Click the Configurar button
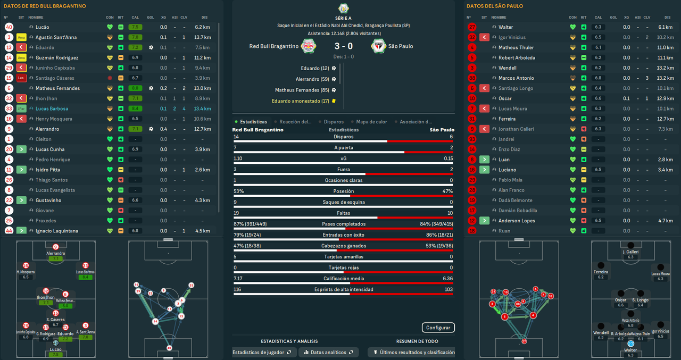pos(438,328)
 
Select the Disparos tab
pos(334,122)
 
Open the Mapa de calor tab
pos(371,122)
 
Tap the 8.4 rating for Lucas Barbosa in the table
pos(135,108)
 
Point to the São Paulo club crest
pos(378,46)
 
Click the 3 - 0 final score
pos(343,46)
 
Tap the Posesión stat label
pos(343,191)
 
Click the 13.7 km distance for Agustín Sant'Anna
pos(203,37)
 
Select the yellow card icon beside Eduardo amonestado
pos(334,101)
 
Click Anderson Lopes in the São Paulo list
pos(517,221)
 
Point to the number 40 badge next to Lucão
pos(9,27)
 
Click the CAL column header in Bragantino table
pos(135,18)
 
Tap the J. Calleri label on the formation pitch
pos(630,252)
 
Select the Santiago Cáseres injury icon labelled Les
pos(21,78)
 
